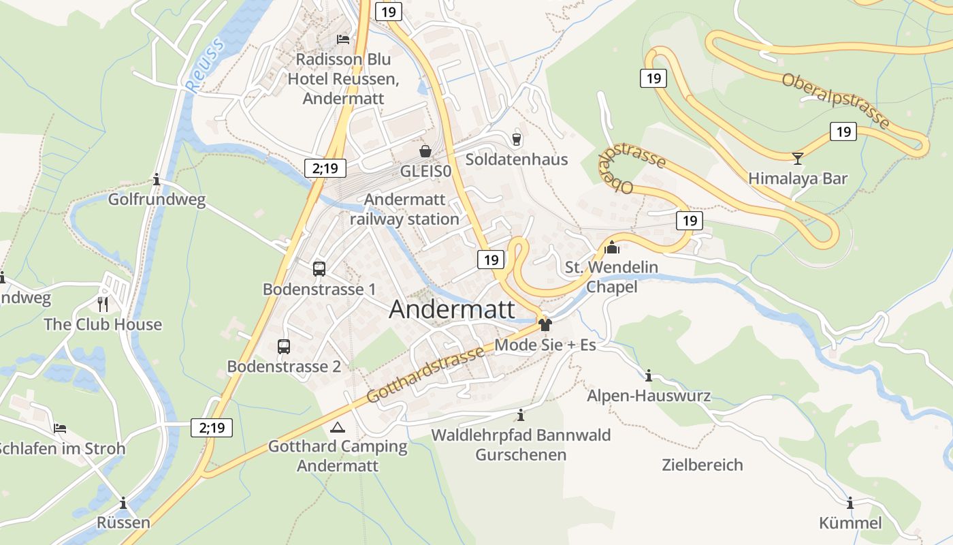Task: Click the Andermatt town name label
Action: pyautogui.click(x=452, y=309)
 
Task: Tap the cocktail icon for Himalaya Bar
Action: pyautogui.click(x=798, y=158)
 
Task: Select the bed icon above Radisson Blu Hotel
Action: pyautogui.click(x=343, y=40)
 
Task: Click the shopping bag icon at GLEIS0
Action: pyautogui.click(x=425, y=151)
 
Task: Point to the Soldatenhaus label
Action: pyautogui.click(x=516, y=159)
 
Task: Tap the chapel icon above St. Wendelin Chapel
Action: pyautogui.click(x=612, y=247)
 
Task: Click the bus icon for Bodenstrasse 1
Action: pyautogui.click(x=319, y=269)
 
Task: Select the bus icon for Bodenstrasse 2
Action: pyautogui.click(x=284, y=347)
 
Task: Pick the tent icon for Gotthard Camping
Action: pyautogui.click(x=337, y=428)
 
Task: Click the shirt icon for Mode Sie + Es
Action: pyautogui.click(x=545, y=325)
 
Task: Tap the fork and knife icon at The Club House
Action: pyautogui.click(x=103, y=304)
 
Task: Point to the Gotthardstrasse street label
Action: pyautogui.click(x=425, y=373)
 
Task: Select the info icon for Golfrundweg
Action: pyautogui.click(x=157, y=180)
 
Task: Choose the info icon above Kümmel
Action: pyautogui.click(x=850, y=503)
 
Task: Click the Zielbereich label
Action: pyautogui.click(x=702, y=465)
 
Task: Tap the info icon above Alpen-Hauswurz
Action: pyautogui.click(x=649, y=375)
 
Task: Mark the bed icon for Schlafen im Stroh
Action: pyautogui.click(x=60, y=429)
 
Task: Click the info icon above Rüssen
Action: pyautogui.click(x=123, y=503)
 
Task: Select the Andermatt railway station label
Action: pyautogui.click(x=405, y=209)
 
